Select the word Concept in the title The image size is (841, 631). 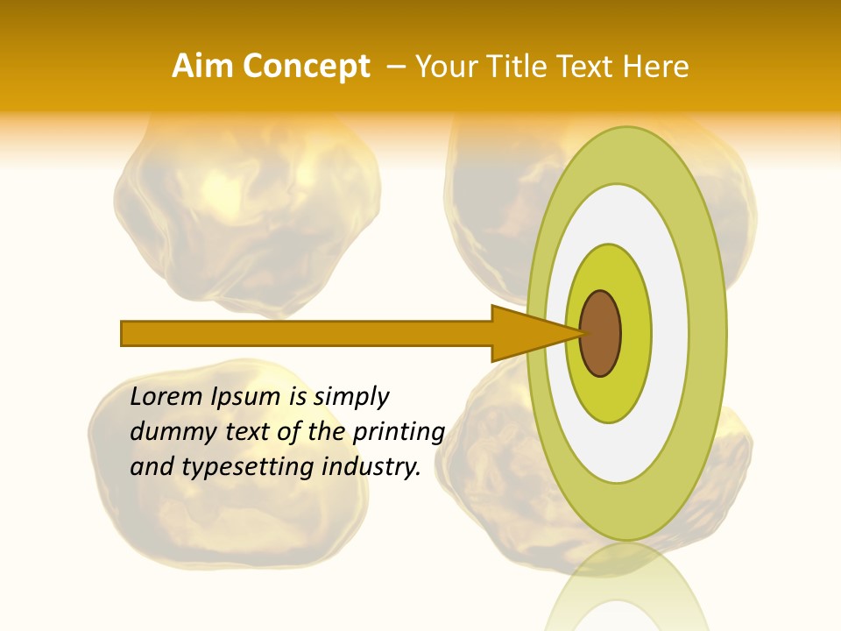[x=307, y=67]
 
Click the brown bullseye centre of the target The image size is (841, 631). [x=601, y=333]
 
